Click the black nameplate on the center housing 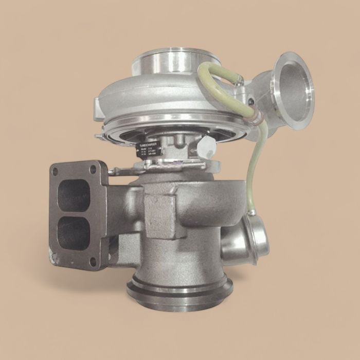coord(149,149)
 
